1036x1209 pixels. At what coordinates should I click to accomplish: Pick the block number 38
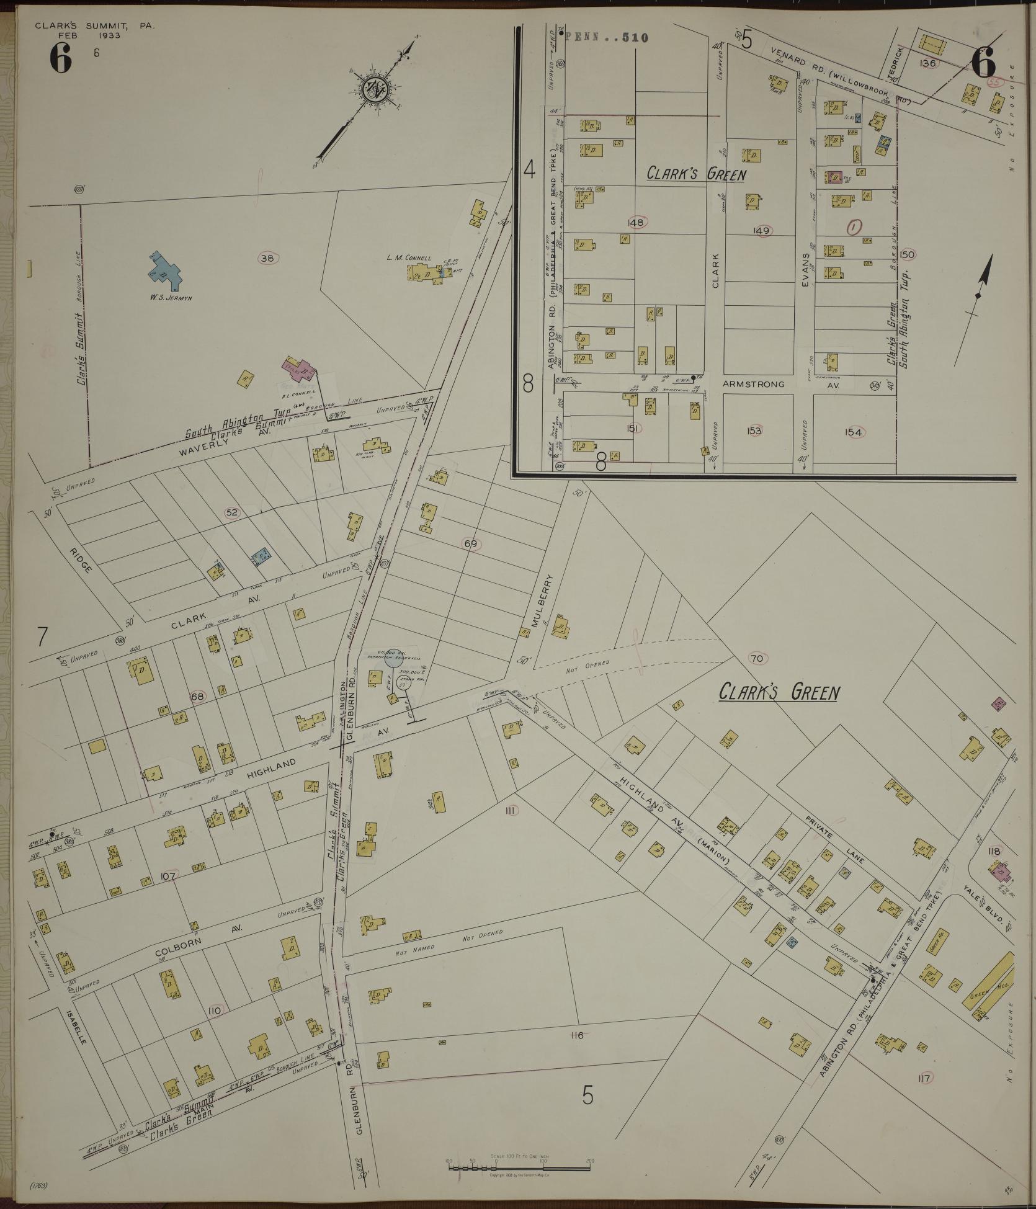(267, 259)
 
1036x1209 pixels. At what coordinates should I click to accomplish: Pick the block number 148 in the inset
(636, 222)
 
